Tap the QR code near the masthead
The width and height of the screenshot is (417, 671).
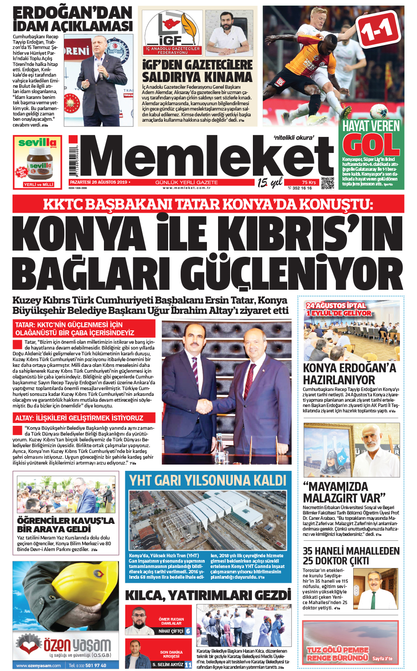coord(327,183)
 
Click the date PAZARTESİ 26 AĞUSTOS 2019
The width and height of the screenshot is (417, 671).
coord(99,182)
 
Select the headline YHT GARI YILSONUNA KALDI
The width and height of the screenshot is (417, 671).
coord(208,480)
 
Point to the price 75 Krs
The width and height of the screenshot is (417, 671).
coord(309,182)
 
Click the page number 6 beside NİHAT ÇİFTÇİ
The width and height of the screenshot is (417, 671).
coord(188,631)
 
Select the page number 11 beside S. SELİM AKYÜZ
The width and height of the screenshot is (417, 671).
coord(188,664)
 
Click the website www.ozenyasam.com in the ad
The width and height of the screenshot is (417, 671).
coord(39,666)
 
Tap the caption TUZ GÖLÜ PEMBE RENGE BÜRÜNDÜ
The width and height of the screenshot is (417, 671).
coord(338,654)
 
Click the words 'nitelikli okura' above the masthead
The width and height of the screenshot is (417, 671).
coord(293,138)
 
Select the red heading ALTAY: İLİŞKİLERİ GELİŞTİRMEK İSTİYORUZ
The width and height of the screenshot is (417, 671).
coord(79,418)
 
